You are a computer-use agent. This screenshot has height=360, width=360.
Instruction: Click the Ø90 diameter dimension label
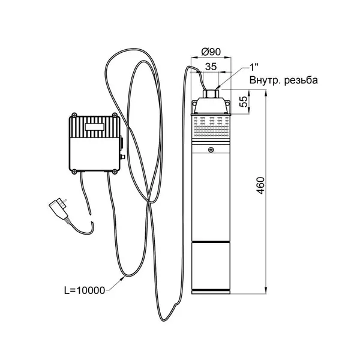click(x=211, y=52)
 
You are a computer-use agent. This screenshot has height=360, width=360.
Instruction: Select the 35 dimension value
click(x=211, y=67)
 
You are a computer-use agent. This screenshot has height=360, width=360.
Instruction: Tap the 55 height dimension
click(x=244, y=101)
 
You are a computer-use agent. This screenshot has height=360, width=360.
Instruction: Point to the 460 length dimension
click(x=260, y=185)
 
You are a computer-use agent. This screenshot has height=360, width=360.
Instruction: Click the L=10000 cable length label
click(x=85, y=290)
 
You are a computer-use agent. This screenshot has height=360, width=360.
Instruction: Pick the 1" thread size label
click(x=254, y=67)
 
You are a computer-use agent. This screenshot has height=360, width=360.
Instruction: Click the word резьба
click(x=301, y=80)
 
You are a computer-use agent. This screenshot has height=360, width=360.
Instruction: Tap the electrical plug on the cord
click(x=59, y=208)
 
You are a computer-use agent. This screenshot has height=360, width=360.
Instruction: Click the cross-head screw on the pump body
click(x=211, y=150)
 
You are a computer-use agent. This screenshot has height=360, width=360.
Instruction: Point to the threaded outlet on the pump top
click(x=211, y=94)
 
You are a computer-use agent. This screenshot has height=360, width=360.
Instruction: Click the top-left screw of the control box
click(x=74, y=115)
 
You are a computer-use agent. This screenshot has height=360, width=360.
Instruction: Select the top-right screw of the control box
click(x=115, y=115)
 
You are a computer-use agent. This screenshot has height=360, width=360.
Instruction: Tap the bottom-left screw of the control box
click(x=74, y=172)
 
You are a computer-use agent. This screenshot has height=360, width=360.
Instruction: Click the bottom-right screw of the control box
click(x=115, y=172)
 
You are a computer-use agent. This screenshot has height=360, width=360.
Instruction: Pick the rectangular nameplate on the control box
click(x=95, y=127)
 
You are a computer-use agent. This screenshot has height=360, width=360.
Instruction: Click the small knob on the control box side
click(x=122, y=157)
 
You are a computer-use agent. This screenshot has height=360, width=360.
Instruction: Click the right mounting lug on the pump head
click(x=227, y=104)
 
